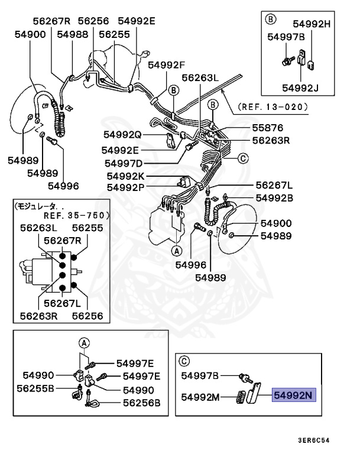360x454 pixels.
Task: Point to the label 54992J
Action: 300,88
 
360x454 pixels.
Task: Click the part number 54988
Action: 73,35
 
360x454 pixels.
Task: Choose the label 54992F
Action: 166,65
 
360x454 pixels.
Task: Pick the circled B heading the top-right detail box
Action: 271,19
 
